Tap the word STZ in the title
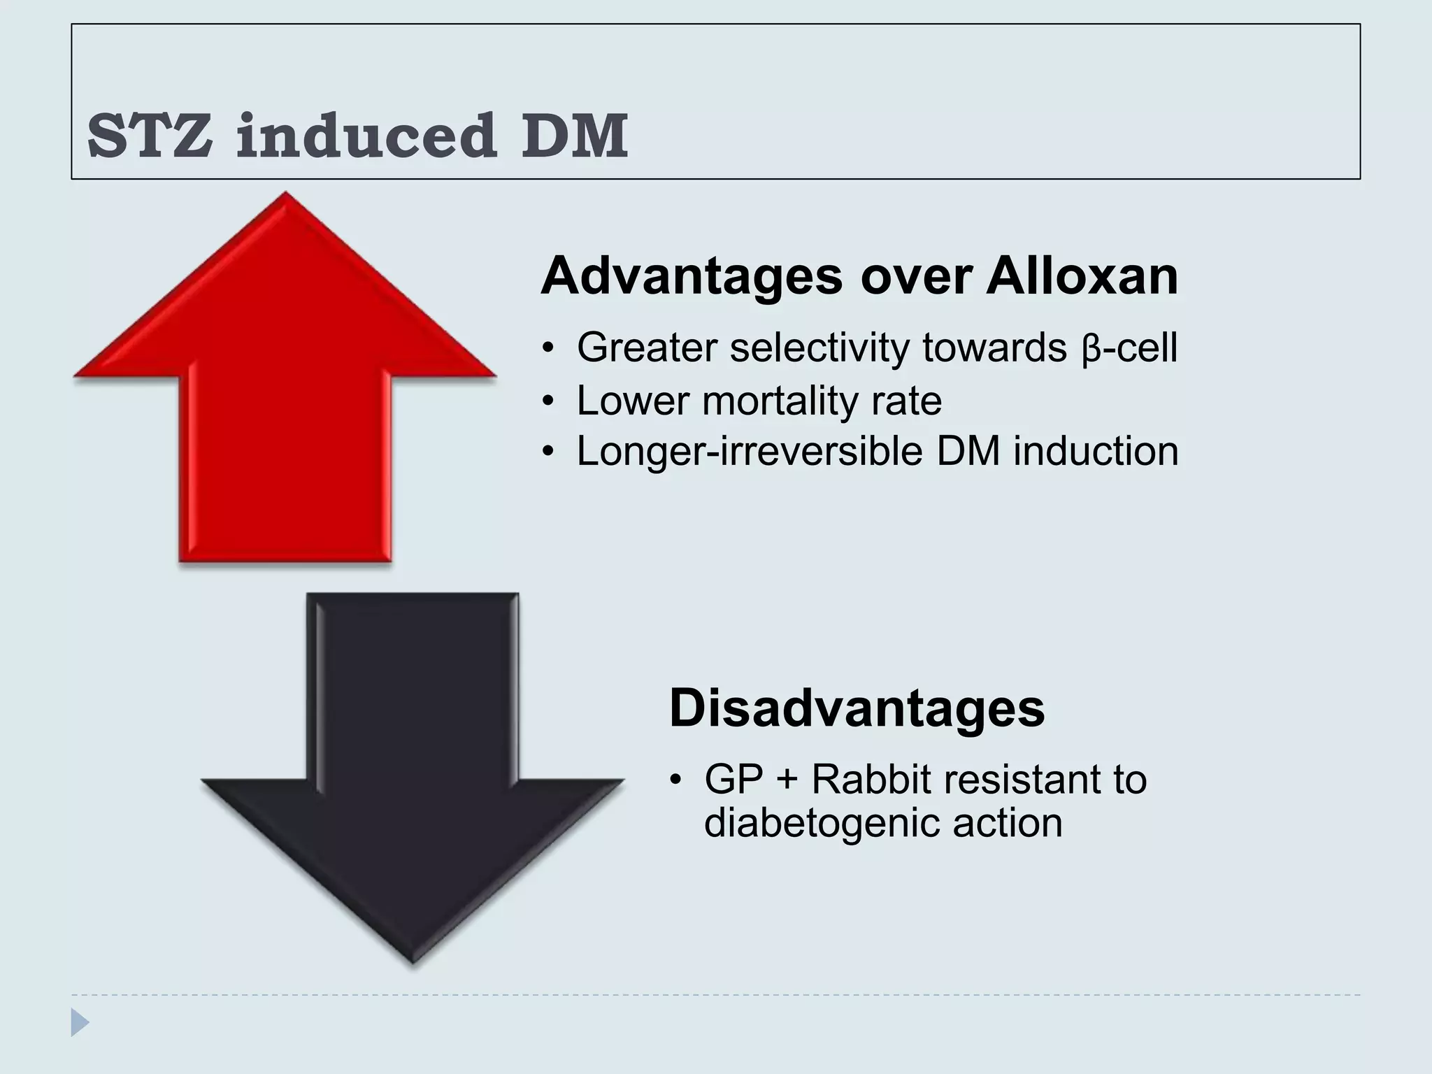coord(150,136)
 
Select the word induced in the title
coord(366,136)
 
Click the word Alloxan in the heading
coord(1082,277)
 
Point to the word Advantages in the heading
coord(692,277)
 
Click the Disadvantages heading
coord(857,709)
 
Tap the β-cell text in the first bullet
coord(1129,348)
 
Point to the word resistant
coord(1015,780)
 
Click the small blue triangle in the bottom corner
coord(80,1022)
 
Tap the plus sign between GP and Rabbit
coord(787,780)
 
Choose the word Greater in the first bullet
coord(647,348)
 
